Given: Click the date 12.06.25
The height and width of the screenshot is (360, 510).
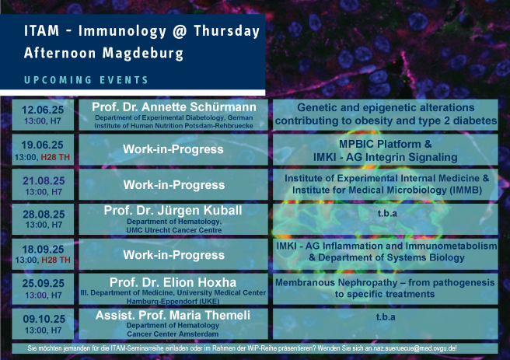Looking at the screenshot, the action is point(43,110).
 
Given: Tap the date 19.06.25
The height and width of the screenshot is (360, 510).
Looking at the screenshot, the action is point(42,145).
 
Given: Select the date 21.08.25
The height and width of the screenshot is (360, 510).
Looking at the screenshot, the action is point(44,180).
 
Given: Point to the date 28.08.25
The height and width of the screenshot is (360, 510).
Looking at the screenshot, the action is point(44,215).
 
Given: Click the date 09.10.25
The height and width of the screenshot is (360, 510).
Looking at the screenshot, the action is point(44,319).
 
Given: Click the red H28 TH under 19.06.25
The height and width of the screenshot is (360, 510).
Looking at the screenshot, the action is point(55,157).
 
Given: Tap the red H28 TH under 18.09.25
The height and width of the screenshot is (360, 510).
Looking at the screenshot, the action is point(56,260).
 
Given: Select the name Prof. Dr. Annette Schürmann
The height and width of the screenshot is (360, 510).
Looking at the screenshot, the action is point(174,107).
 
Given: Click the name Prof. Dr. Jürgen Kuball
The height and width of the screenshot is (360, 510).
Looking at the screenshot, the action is point(173,211).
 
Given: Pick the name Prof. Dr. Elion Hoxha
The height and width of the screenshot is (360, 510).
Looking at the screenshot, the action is point(173,282).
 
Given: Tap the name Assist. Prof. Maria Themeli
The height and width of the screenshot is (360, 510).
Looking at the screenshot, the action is point(173,315).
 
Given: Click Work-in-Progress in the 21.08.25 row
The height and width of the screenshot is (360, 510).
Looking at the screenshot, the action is point(174,185).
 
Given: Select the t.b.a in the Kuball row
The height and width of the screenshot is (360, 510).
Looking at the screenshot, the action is point(387,213).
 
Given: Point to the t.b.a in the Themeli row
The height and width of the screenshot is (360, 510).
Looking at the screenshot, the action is point(386,316).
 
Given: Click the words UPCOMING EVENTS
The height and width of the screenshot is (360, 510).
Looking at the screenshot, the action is point(86,80).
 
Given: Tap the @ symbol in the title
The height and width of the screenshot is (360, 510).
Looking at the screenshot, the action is point(180,31).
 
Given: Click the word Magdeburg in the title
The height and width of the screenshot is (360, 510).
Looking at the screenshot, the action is point(143,54).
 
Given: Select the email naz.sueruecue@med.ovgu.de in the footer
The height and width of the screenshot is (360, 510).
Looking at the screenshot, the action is point(415,348).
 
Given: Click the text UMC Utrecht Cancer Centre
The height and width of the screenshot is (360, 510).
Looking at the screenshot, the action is point(174,230).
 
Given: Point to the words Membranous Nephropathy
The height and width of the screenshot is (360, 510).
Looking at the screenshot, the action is point(337,282).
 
